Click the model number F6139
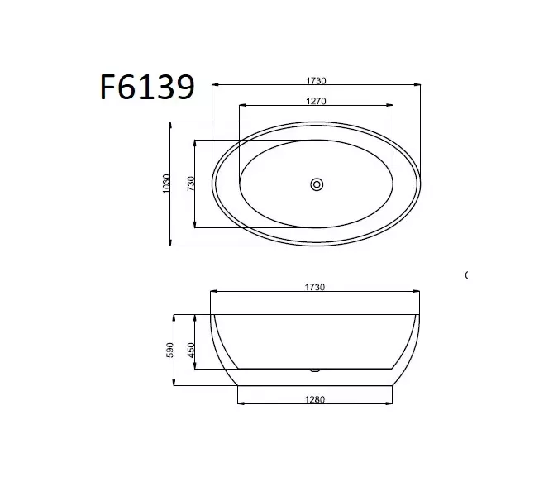click(147, 86)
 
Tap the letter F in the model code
click(108, 86)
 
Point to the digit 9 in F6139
click(184, 86)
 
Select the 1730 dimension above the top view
click(316, 80)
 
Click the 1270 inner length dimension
click(316, 101)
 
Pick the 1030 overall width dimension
click(167, 184)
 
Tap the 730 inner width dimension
click(191, 184)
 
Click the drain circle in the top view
click(317, 184)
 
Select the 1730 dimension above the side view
click(316, 287)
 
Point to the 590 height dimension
click(171, 350)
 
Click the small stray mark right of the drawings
click(467, 274)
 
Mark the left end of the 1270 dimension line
click(239, 106)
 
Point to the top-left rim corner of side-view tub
click(213, 314)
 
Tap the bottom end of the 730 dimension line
click(195, 227)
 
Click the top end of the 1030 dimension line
click(171, 122)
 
